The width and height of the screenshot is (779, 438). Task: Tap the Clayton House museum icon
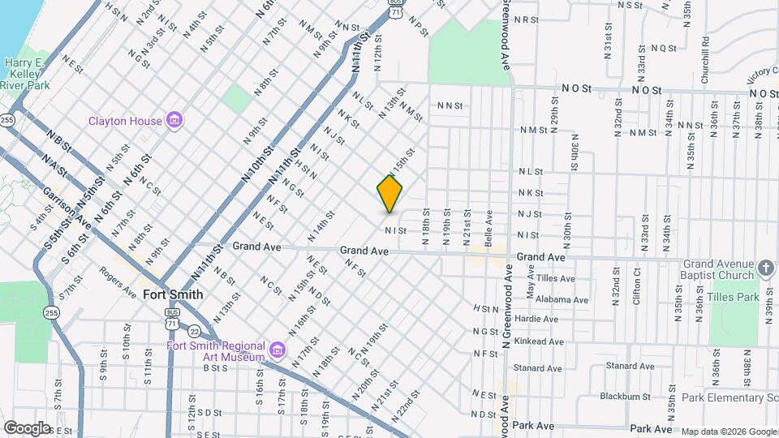pyautogui.click(x=173, y=121)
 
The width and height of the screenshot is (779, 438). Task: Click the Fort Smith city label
pyautogui.click(x=173, y=294)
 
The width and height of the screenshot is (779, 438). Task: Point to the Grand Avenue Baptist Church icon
pyautogui.click(x=765, y=267)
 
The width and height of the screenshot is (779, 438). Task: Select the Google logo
pyautogui.click(x=27, y=427)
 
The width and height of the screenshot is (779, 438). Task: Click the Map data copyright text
pyautogui.click(x=729, y=432)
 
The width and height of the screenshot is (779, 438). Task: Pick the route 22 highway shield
pyautogui.click(x=194, y=331)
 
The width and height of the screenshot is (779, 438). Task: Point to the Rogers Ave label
pyautogui.click(x=118, y=282)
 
